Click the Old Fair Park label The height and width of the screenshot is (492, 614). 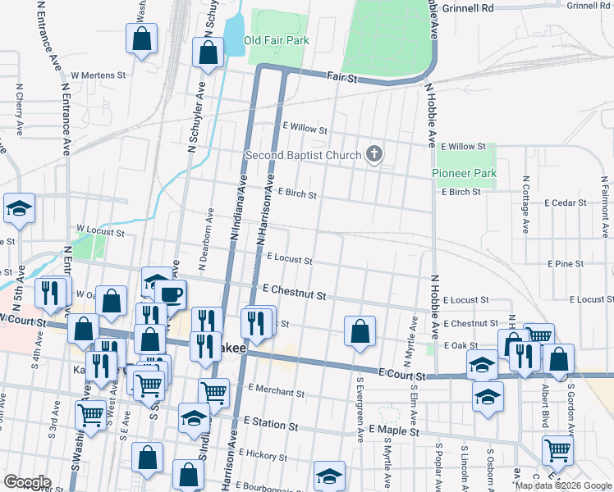(x=276, y=39)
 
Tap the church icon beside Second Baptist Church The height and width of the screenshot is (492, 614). (x=374, y=154)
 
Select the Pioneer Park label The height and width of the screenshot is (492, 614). (x=465, y=174)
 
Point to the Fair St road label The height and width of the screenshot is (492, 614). (x=342, y=78)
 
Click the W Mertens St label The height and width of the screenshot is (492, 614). (x=98, y=75)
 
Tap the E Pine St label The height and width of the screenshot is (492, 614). (x=565, y=264)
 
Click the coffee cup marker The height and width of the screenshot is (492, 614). (x=171, y=295)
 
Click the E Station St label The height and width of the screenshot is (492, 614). (x=270, y=426)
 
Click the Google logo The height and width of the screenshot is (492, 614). (x=26, y=482)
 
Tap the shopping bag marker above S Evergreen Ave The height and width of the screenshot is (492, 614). (x=360, y=332)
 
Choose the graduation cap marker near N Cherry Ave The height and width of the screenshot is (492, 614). (x=19, y=209)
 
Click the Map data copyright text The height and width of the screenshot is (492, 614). (x=562, y=485)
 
